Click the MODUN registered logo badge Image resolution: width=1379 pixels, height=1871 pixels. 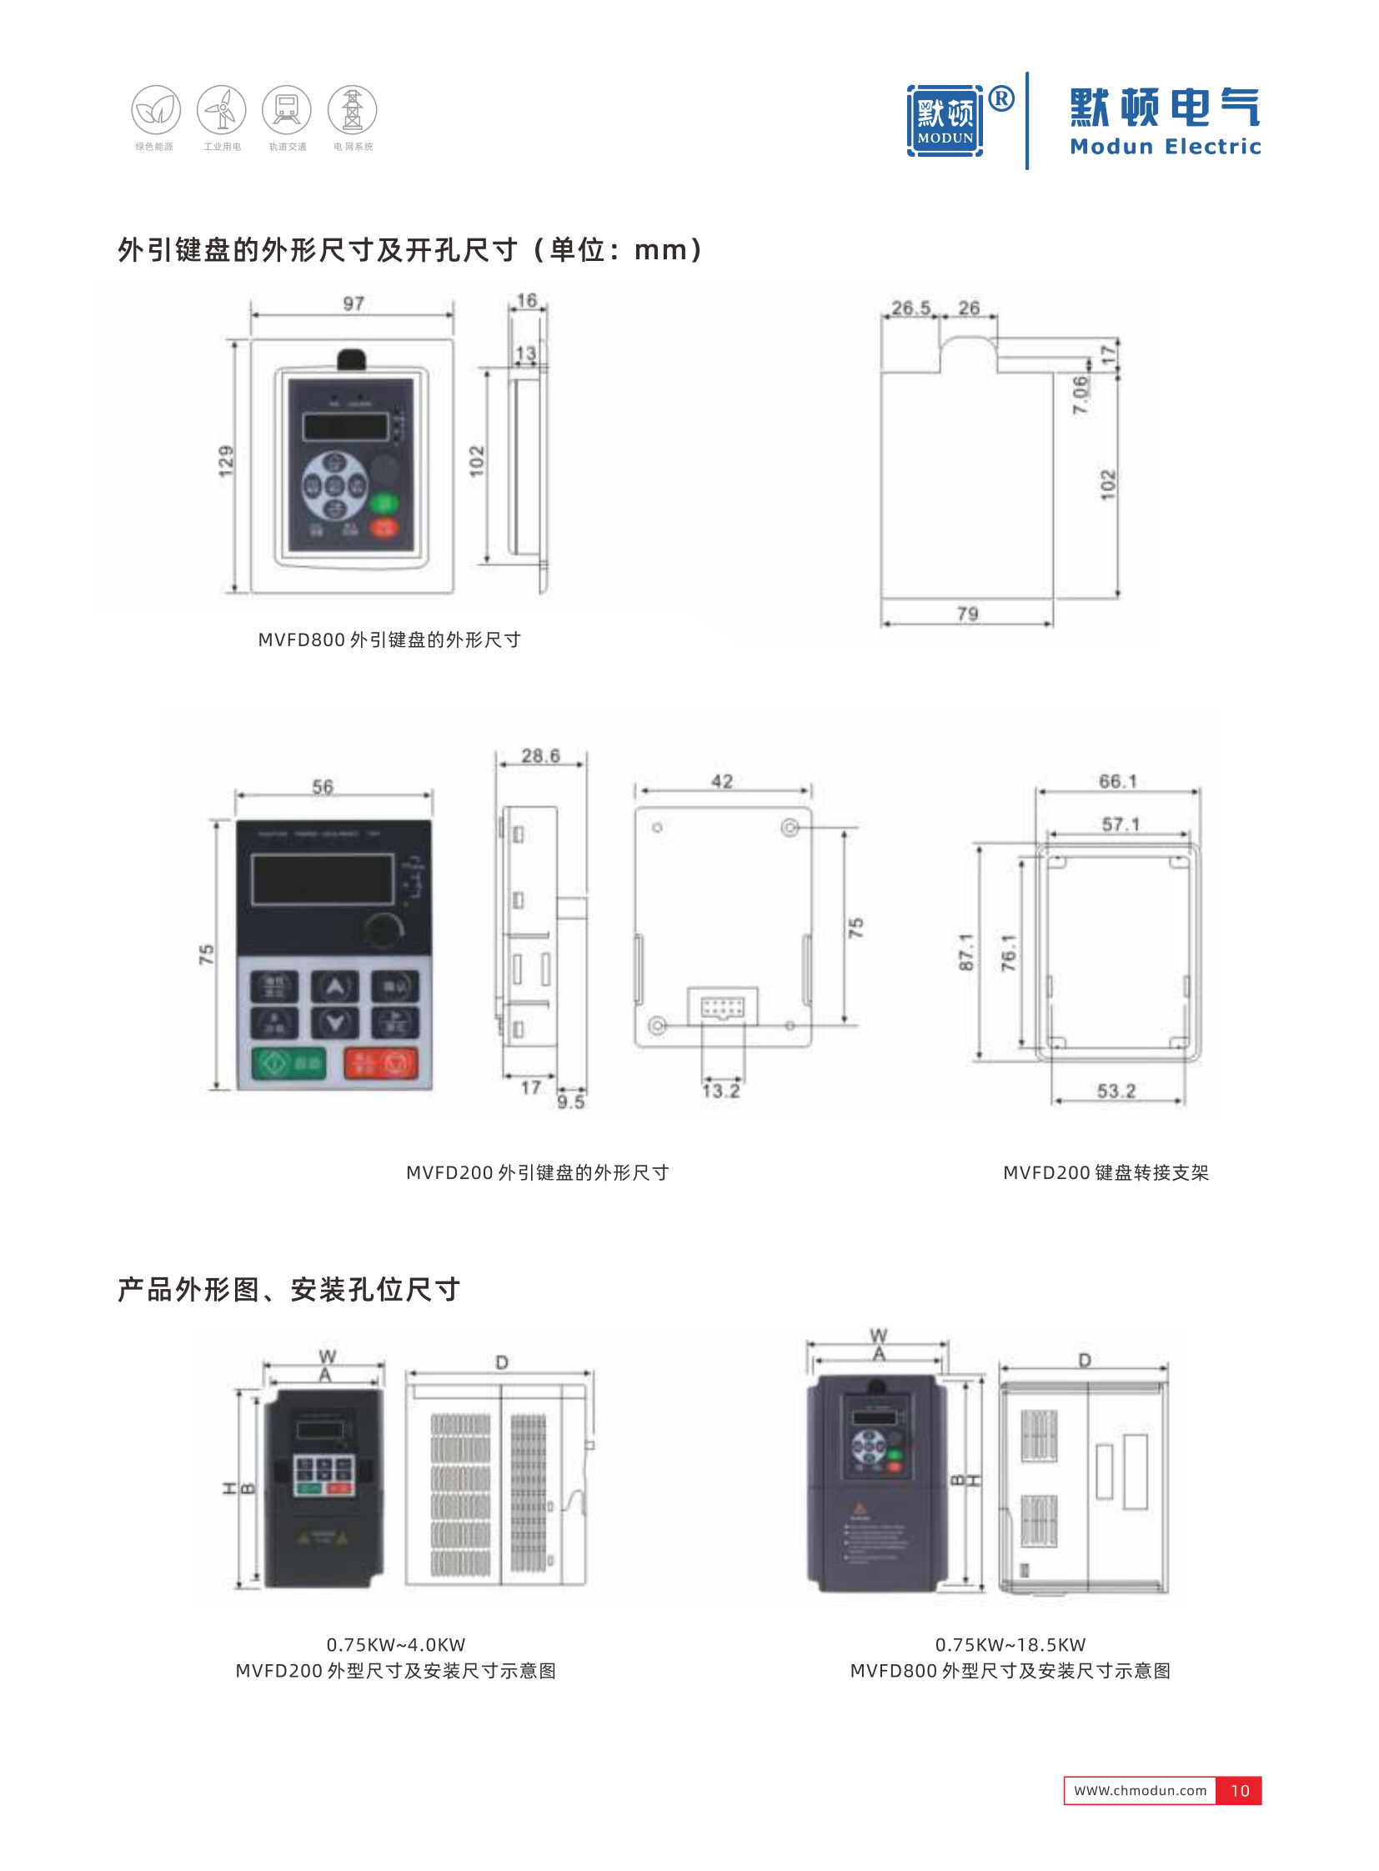coord(945,120)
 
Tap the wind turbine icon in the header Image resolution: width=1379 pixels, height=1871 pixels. coord(221,109)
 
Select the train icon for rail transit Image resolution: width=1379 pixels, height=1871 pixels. coord(286,109)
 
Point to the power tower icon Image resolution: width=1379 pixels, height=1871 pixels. coord(353,109)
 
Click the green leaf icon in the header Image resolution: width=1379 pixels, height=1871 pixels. coord(156,109)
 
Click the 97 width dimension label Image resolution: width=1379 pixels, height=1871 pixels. coord(354,303)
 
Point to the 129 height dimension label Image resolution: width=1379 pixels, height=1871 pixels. coord(226,462)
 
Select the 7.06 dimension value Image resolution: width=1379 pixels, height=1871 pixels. coord(1081,394)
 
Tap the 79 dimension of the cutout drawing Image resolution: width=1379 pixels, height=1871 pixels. coord(967,614)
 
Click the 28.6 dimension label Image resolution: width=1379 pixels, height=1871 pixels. coord(540,755)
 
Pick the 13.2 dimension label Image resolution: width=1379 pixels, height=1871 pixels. coord(720,1091)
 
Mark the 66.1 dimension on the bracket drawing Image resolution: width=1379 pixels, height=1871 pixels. coord(1117,780)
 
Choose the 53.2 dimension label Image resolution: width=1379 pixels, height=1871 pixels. coord(1116,1091)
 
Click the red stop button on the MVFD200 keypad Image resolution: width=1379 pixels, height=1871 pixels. coord(382,1063)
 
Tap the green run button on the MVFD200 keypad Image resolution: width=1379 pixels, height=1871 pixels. coord(288,1063)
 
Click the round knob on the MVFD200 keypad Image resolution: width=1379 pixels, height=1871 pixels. coord(384,929)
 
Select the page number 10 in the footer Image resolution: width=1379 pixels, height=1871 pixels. coord(1239,1790)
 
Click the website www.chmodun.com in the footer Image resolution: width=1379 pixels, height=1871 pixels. coord(1140,1790)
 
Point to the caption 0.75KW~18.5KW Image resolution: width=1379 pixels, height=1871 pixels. coord(1010,1644)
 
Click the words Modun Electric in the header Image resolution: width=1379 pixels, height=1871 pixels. coord(1166,147)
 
